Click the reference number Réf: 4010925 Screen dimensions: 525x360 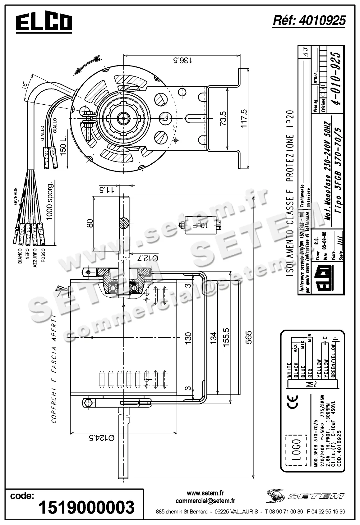(309, 21)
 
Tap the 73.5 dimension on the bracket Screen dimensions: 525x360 (223, 118)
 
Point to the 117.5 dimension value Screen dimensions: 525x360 (243, 118)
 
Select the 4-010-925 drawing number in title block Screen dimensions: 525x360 (336, 79)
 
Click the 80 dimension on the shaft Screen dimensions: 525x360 (90, 223)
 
